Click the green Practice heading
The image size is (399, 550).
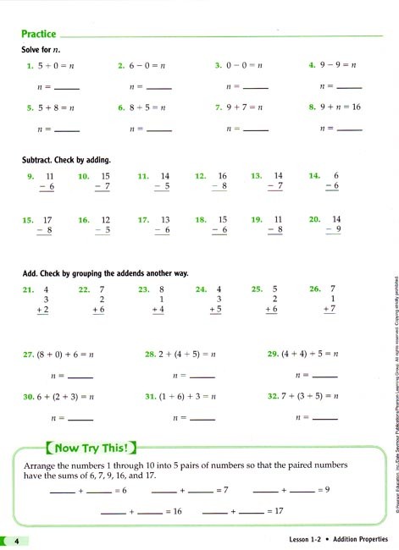[39, 34]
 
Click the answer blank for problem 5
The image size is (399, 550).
[67, 129]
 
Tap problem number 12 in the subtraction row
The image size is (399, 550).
[201, 176]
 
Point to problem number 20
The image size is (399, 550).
[314, 219]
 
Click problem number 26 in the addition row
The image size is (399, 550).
[314, 289]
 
